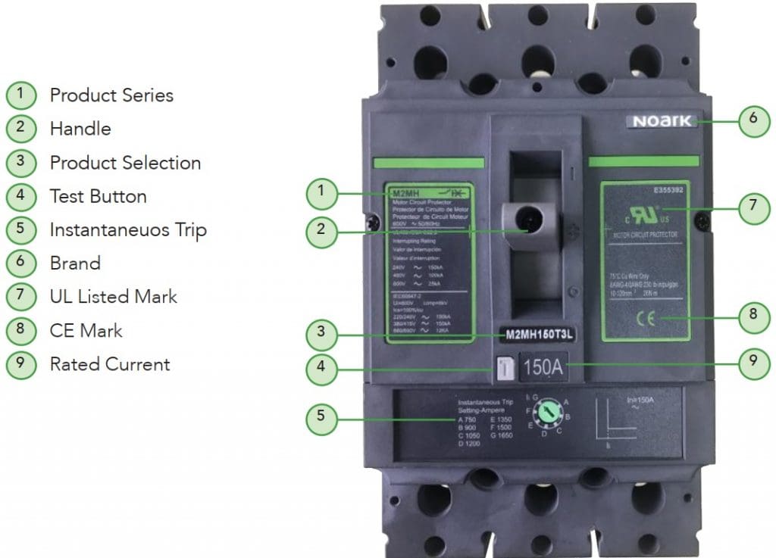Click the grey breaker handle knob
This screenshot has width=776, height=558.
click(x=529, y=222)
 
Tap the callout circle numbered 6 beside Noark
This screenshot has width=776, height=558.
click(x=753, y=118)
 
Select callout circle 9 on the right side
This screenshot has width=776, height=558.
click(x=753, y=361)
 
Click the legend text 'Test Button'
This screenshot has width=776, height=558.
click(x=98, y=196)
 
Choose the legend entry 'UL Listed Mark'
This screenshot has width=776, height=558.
click(x=113, y=297)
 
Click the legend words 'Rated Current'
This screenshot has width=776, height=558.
click(x=110, y=364)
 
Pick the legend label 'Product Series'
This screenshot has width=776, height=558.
click(x=111, y=95)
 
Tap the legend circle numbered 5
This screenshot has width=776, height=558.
click(x=20, y=230)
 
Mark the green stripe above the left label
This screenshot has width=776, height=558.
click(x=428, y=163)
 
